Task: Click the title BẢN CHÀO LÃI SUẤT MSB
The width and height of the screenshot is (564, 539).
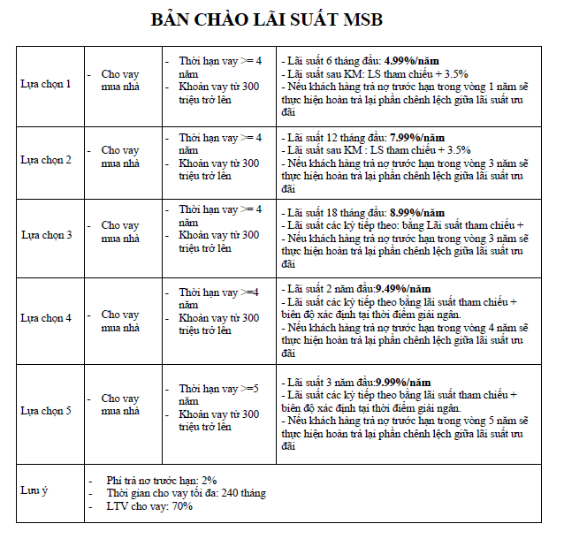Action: pyautogui.click(x=267, y=19)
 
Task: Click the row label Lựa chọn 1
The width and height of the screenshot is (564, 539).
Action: pyautogui.click(x=46, y=84)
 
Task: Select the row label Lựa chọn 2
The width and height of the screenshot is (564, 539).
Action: pyautogui.click(x=46, y=160)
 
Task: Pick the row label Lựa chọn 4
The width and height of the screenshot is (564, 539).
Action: pyautogui.click(x=46, y=316)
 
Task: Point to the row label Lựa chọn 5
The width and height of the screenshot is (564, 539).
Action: pyautogui.click(x=46, y=410)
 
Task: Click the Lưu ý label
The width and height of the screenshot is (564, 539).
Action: pyautogui.click(x=34, y=490)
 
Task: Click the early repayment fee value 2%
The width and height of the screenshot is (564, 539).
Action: pyautogui.click(x=209, y=480)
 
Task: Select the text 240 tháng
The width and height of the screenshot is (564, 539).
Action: pyautogui.click(x=243, y=493)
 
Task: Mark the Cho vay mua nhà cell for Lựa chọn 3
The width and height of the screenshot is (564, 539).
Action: pyautogui.click(x=120, y=232)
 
